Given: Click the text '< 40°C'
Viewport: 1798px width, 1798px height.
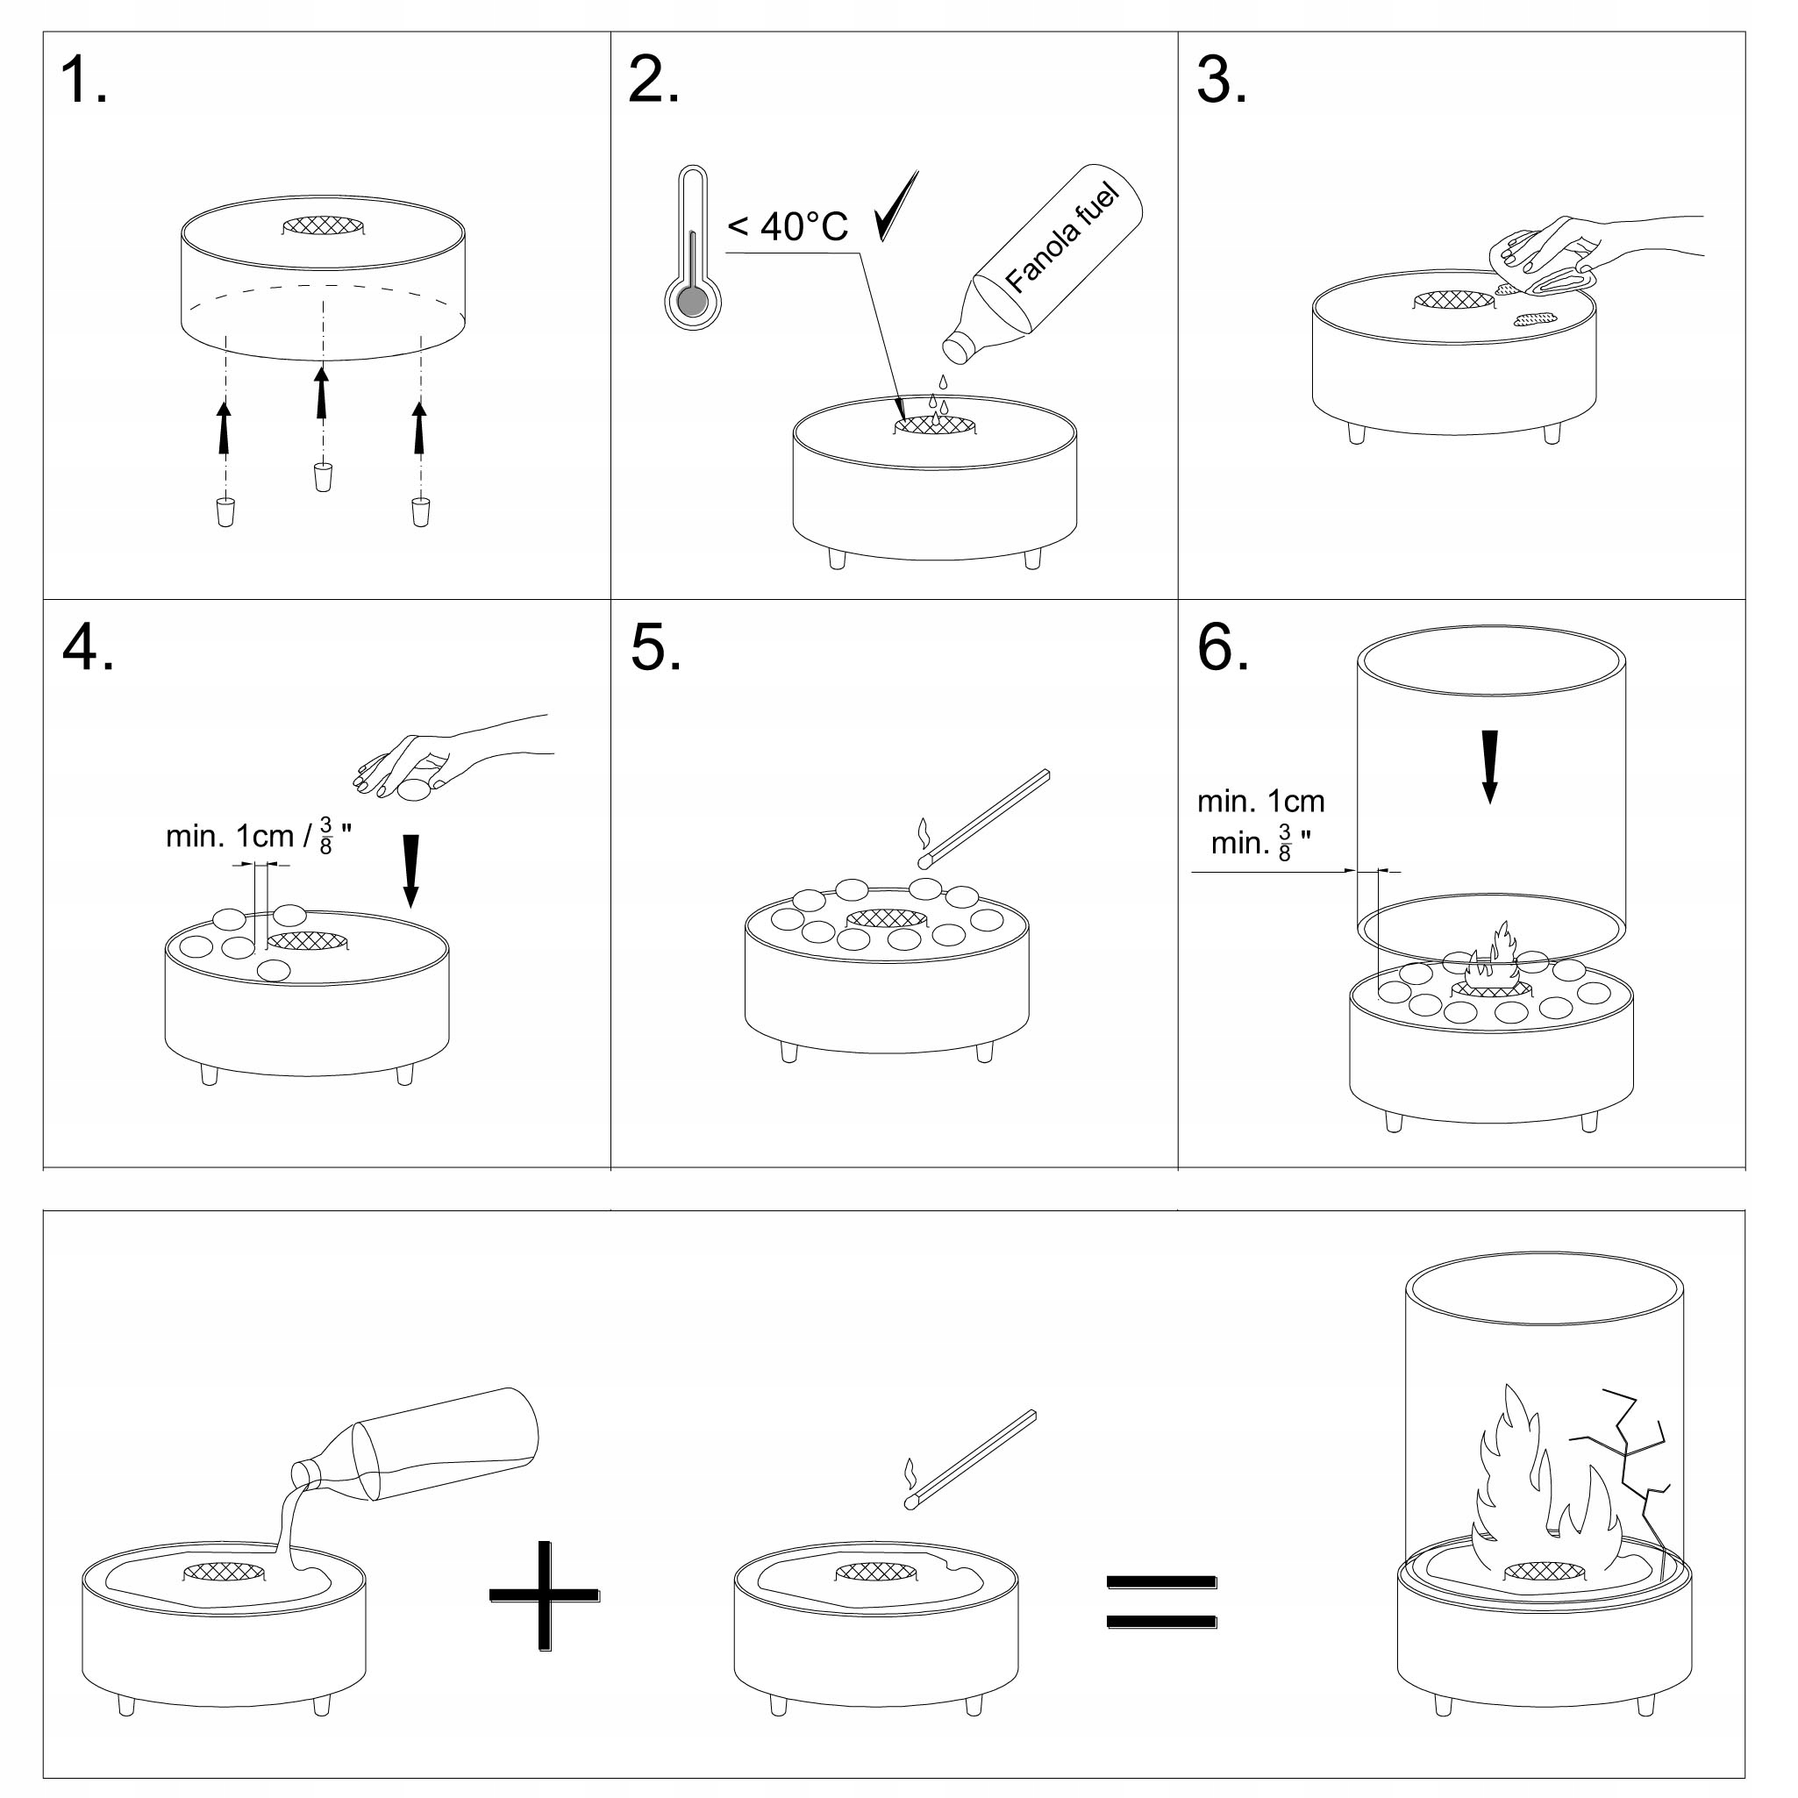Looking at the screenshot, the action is click(788, 226).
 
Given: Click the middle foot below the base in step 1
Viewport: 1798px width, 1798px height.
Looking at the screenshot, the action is click(323, 476).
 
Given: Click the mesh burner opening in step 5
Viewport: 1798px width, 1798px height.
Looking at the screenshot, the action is click(888, 918).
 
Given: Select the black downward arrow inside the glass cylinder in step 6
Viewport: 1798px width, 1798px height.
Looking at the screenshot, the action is click(1489, 767).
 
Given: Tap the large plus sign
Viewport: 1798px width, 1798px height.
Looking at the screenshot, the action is click(545, 1596).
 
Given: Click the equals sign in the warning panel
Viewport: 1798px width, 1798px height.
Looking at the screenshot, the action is click(1161, 1602).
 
